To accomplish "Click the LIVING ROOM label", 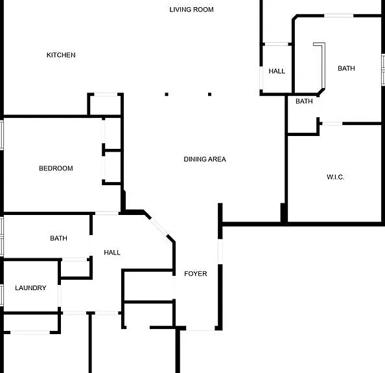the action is click(x=191, y=10).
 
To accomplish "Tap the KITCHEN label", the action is click(x=61, y=55).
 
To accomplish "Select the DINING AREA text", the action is click(x=205, y=159).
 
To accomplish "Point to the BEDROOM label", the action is click(x=56, y=168).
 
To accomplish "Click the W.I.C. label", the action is click(x=335, y=177).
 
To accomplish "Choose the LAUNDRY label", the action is click(x=30, y=288).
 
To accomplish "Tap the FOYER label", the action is click(x=196, y=274).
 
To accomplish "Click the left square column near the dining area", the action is click(x=167, y=95).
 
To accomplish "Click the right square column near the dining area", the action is click(x=209, y=95).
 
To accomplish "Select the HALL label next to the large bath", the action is click(x=277, y=71).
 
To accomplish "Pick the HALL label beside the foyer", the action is click(x=112, y=253).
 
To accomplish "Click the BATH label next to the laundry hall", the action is click(x=58, y=238).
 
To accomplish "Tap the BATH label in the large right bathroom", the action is click(x=346, y=68).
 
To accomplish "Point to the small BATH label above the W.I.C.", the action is click(x=304, y=101).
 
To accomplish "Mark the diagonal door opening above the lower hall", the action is click(x=159, y=227).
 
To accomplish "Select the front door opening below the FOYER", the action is click(x=200, y=328).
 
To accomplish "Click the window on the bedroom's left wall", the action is click(x=2, y=135).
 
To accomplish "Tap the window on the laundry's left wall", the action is click(x=2, y=295).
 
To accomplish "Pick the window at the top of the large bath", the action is click(x=339, y=16).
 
